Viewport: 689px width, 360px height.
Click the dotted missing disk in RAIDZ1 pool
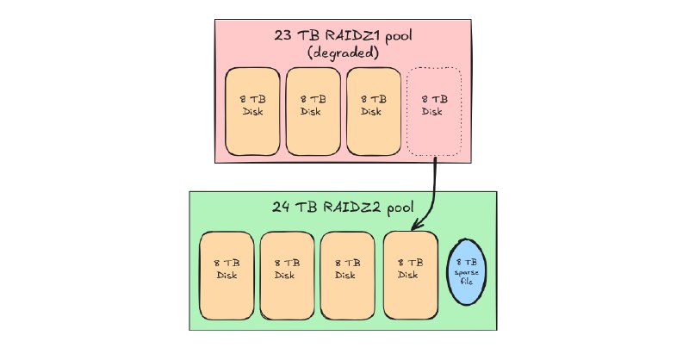(433, 112)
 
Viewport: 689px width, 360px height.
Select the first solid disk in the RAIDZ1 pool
(252, 112)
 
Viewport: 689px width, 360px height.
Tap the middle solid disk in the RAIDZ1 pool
(312, 112)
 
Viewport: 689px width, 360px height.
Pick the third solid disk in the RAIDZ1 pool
(372, 112)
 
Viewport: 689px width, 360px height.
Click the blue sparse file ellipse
(469, 271)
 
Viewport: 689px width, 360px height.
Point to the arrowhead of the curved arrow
(416, 226)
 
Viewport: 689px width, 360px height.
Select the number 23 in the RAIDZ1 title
(282, 37)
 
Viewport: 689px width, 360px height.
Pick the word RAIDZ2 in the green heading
(352, 208)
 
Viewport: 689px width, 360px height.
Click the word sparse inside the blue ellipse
(469, 272)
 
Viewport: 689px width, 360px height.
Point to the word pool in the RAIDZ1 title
(400, 37)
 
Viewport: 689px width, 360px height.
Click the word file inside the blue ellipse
(469, 282)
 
